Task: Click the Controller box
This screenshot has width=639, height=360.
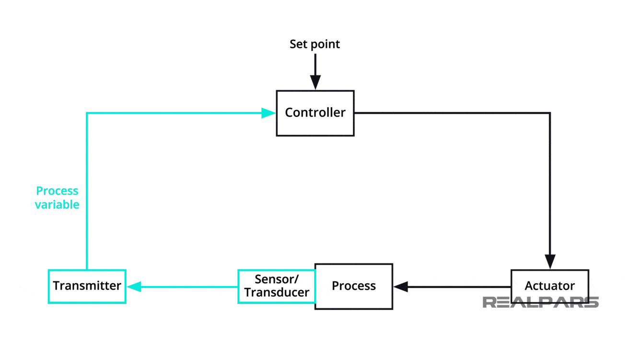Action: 315,113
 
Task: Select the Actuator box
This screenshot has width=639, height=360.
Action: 549,286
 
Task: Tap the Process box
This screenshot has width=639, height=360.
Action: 354,286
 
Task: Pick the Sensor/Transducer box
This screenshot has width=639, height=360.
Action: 277,286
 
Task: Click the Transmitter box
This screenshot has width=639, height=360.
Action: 87,286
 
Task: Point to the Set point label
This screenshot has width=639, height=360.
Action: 314,44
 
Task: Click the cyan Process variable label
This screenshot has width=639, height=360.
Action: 57,198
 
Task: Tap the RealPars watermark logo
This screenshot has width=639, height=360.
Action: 540,302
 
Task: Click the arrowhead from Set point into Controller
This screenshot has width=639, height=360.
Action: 315,83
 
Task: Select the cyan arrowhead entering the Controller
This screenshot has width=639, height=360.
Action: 268,113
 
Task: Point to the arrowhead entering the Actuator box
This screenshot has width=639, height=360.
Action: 550,262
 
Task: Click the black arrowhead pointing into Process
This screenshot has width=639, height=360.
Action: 401,287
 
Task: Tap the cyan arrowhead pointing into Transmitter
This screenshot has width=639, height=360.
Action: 134,287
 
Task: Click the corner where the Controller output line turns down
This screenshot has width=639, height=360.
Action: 550,113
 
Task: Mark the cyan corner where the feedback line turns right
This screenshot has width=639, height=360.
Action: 87,113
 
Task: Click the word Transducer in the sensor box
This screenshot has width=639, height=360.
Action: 277,292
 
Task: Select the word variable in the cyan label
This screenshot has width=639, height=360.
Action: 57,204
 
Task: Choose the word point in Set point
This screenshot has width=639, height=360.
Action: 325,44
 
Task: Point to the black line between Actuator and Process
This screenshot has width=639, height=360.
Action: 455,287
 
